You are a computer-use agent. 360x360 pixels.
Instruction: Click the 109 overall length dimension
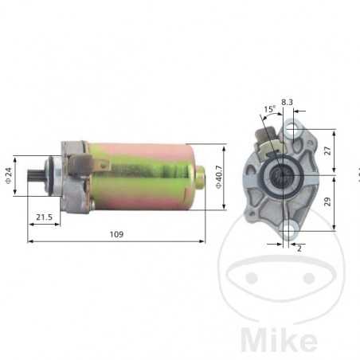[116, 235]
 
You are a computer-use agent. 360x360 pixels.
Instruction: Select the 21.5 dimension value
[45, 217]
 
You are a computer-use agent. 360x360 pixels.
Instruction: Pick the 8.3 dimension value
[287, 102]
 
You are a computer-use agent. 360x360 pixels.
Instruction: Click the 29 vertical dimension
[327, 202]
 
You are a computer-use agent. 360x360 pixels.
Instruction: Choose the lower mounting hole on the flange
[287, 232]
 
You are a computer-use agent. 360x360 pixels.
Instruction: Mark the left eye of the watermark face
[252, 278]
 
